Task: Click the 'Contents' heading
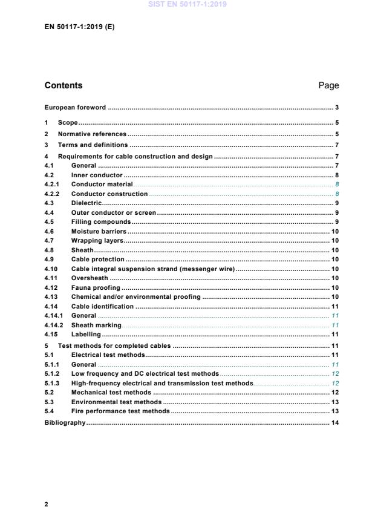[x=64, y=85]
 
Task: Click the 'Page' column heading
[x=328, y=85]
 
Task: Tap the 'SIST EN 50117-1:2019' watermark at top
[x=187, y=5]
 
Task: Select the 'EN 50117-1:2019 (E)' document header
[x=74, y=27]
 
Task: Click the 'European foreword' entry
[x=76, y=108]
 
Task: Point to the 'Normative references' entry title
[x=92, y=134]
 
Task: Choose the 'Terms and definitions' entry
[x=93, y=145]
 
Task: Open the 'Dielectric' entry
[x=87, y=203]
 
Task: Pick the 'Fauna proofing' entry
[x=96, y=287]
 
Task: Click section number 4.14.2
[x=54, y=325]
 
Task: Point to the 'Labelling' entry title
[x=86, y=335]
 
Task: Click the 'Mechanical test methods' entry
[x=111, y=392]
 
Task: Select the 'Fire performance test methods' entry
[x=120, y=411]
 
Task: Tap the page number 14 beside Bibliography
[x=334, y=422]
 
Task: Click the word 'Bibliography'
[x=65, y=422]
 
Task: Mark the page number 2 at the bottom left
[x=47, y=503]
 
